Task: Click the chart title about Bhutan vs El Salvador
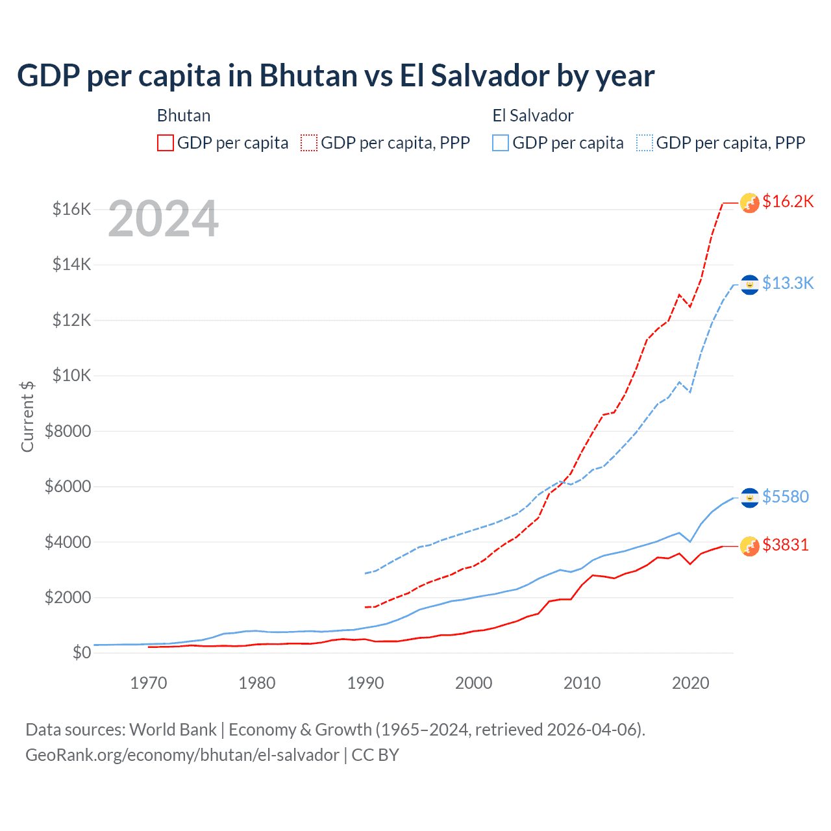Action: click(x=336, y=76)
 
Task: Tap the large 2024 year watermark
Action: click(x=163, y=219)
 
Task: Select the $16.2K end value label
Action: click(x=788, y=201)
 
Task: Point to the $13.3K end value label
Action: click(x=788, y=283)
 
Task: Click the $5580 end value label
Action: click(x=785, y=497)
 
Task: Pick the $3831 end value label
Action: click(x=785, y=545)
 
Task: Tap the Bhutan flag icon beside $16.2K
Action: click(x=750, y=203)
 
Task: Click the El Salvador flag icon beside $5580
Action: click(x=750, y=498)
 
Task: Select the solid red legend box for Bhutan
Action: click(x=166, y=143)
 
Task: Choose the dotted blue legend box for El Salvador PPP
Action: click(x=645, y=143)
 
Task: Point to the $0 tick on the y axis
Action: click(x=81, y=652)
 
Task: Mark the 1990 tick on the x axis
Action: click(x=366, y=683)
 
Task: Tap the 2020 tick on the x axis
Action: click(x=690, y=683)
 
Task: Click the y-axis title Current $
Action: click(x=27, y=417)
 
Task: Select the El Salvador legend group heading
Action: click(x=533, y=116)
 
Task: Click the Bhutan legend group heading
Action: click(x=184, y=116)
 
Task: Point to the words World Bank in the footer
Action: click(x=173, y=730)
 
